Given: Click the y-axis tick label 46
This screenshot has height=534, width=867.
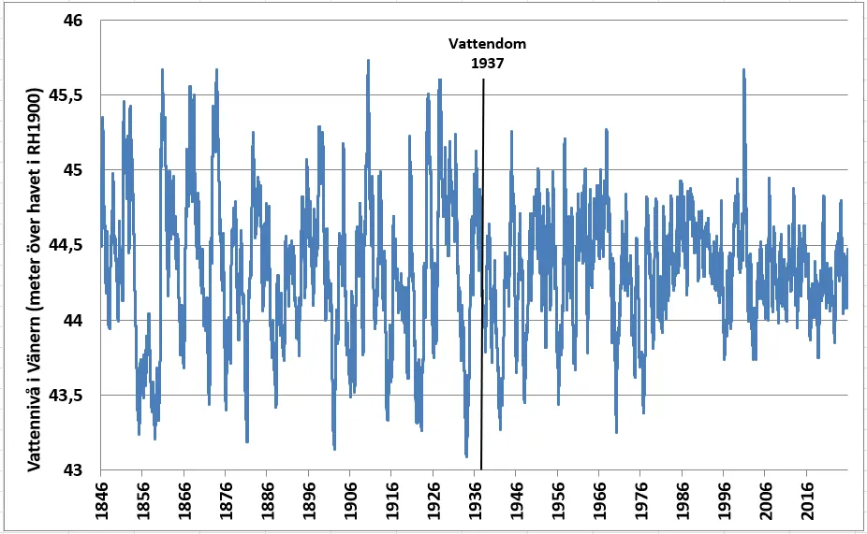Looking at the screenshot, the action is pyautogui.click(x=72, y=21).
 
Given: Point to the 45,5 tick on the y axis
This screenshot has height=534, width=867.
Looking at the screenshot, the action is pyautogui.click(x=66, y=95).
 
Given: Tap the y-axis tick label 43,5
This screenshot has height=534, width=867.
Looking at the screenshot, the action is pyautogui.click(x=66, y=396).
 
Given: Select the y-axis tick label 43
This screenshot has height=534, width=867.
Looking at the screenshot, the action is pyautogui.click(x=72, y=470).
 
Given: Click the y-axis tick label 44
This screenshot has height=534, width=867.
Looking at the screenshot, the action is pyautogui.click(x=72, y=321).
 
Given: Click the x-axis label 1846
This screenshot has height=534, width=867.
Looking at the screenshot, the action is pyautogui.click(x=100, y=501).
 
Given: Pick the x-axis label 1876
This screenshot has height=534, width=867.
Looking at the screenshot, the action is pyautogui.click(x=225, y=501).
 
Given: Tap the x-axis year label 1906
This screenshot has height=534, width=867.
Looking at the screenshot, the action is pyautogui.click(x=349, y=501).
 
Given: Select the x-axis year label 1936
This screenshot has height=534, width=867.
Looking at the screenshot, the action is pyautogui.click(x=474, y=501).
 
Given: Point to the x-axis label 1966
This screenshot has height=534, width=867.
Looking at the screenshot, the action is pyautogui.click(x=598, y=501).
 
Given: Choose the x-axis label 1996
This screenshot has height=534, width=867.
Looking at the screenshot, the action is pyautogui.click(x=723, y=501).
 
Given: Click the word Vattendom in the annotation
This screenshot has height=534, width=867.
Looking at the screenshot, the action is pyautogui.click(x=487, y=44).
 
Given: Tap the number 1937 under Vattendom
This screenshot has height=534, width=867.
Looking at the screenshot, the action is pyautogui.click(x=487, y=64).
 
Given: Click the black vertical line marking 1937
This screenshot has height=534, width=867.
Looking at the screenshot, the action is pyautogui.click(x=482, y=274).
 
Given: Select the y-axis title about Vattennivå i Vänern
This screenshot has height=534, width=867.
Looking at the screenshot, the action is pyautogui.click(x=35, y=280).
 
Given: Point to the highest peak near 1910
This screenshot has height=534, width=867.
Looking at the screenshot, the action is pyautogui.click(x=368, y=62).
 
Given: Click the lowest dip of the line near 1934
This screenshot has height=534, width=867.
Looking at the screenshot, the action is pyautogui.click(x=466, y=455).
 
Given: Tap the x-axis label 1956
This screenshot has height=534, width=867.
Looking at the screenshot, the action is pyautogui.click(x=557, y=501).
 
